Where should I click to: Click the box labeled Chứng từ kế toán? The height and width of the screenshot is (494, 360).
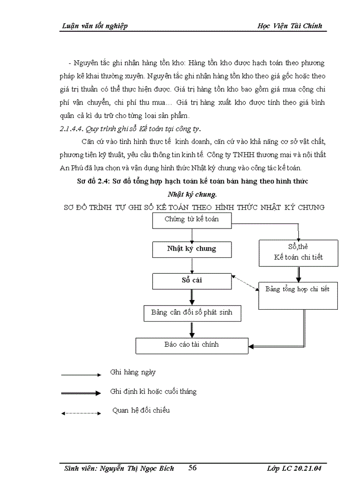pos(191,220)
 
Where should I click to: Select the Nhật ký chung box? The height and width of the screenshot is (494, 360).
pos(191,249)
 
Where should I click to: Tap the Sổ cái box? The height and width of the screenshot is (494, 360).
pos(191,280)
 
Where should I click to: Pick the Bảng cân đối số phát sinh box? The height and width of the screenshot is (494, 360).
pos(191,312)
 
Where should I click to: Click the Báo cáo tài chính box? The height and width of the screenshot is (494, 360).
pos(191,345)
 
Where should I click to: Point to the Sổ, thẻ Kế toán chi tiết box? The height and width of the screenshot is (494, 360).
pos(298,253)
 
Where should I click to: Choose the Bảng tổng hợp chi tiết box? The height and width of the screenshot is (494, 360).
pos(297,290)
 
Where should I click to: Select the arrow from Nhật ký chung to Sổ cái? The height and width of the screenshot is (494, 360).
pos(192,265)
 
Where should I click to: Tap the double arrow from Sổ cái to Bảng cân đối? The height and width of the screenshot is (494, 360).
pos(192,297)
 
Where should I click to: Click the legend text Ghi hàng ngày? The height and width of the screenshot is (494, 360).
pos(133,372)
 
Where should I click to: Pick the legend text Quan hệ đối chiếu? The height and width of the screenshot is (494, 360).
pos(140,410)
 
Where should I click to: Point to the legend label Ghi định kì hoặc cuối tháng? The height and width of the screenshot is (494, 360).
pos(153,392)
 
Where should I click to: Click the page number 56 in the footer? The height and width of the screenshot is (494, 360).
pos(193,468)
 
